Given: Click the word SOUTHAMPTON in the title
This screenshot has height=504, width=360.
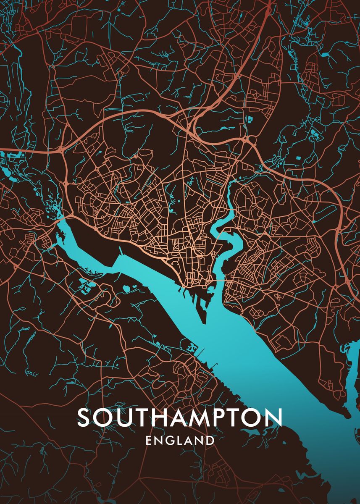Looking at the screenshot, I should pyautogui.click(x=179, y=417).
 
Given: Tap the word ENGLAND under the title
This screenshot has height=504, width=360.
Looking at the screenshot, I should pyautogui.click(x=180, y=441).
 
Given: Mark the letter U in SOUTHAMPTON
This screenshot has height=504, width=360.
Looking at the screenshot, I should pyautogui.click(x=120, y=417).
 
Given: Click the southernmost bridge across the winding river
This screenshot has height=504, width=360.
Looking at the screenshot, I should pyautogui.click(x=220, y=281).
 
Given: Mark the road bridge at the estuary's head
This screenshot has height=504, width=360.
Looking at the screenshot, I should pyautogui.click(x=60, y=218).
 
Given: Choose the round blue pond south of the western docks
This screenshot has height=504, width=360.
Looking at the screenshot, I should pyautogui.click(x=126, y=288).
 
